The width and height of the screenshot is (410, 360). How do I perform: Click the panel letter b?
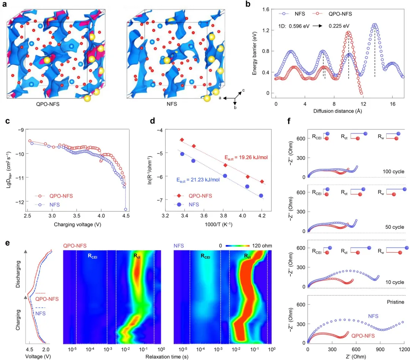coord(248,5)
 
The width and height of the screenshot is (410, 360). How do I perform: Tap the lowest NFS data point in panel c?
coord(126,209)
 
